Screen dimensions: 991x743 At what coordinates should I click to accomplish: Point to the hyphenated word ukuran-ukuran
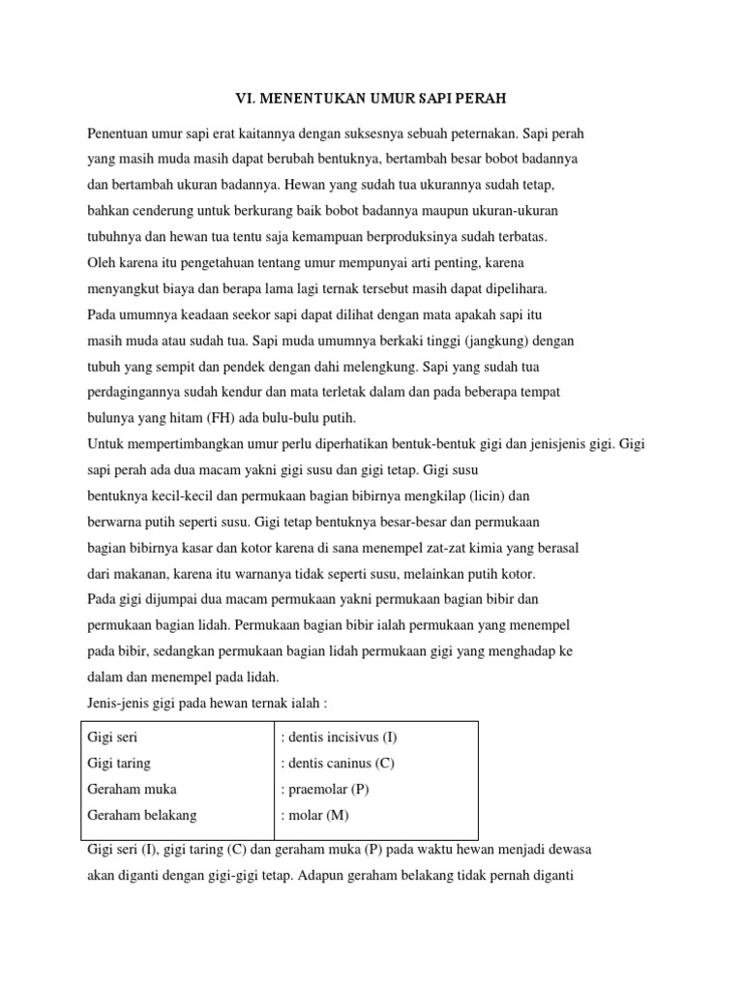click(514, 210)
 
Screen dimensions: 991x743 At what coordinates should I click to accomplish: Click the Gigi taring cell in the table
click(119, 763)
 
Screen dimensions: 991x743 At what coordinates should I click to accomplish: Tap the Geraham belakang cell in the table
click(142, 815)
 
